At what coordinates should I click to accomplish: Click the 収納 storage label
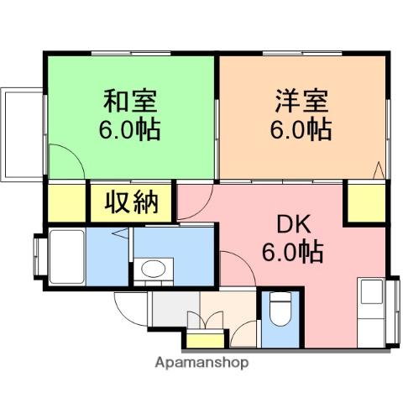point(132,202)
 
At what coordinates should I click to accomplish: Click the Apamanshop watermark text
point(201,364)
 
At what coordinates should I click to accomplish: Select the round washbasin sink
point(153,270)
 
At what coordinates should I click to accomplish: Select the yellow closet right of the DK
point(365,204)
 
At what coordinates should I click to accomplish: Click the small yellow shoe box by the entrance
point(202,340)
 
